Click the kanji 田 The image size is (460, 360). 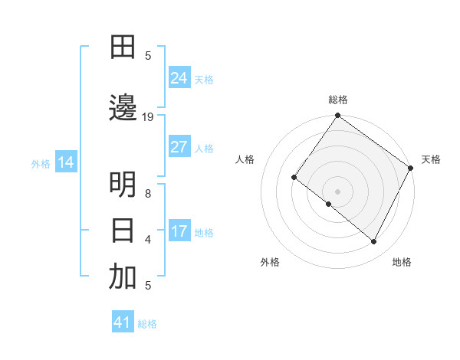(x=123, y=47)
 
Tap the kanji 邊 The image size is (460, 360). (x=123, y=109)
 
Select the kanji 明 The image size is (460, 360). (x=123, y=185)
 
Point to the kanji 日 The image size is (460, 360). (x=123, y=230)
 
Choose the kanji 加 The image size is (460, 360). (x=123, y=277)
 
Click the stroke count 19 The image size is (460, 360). (x=148, y=117)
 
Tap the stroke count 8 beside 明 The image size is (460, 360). (x=148, y=194)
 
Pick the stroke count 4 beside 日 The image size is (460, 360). (x=148, y=240)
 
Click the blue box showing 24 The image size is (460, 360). (x=179, y=78)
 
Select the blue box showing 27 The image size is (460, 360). (x=179, y=147)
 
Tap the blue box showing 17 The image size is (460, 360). (x=179, y=231)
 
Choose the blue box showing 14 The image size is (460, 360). (x=66, y=162)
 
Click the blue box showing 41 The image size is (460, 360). (x=123, y=322)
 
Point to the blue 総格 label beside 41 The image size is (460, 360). (x=147, y=324)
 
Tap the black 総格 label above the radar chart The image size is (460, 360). (x=337, y=100)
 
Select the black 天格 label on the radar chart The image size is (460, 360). (x=431, y=159)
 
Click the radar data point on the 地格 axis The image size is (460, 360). (x=374, y=242)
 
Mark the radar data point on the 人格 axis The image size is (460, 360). (x=294, y=177)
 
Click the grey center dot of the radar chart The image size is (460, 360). (x=337, y=191)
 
